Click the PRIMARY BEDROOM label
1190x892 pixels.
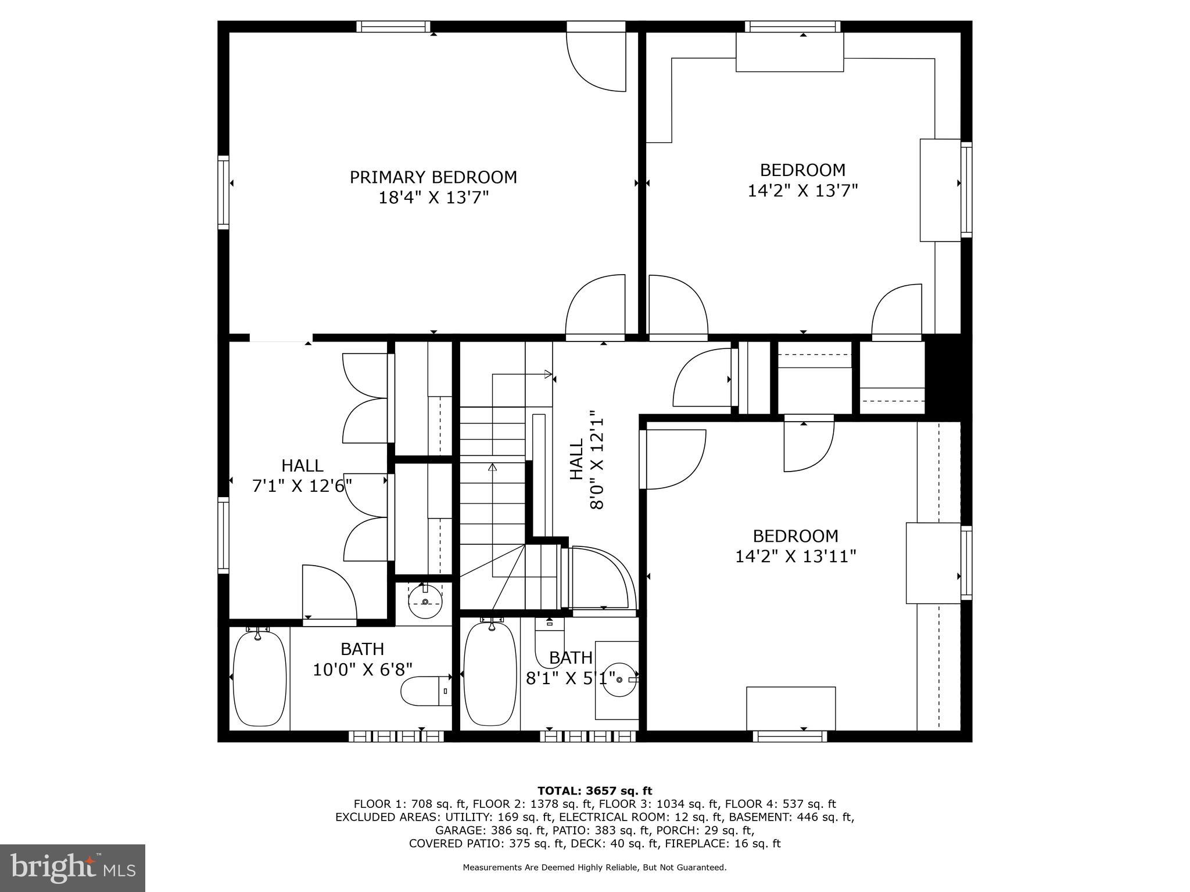(433, 177)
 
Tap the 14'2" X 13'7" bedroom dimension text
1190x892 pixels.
(802, 190)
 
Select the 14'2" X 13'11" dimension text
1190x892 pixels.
(795, 556)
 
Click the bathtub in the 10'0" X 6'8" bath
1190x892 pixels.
(259, 677)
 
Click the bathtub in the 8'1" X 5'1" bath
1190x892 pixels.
(490, 674)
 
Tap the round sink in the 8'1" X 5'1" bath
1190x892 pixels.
(619, 679)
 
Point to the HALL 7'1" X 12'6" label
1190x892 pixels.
(302, 475)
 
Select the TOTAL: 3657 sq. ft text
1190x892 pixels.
(594, 791)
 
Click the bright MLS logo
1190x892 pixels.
(73, 868)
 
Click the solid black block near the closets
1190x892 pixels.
(947, 377)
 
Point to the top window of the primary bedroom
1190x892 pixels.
(393, 26)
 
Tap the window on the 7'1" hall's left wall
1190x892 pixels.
(223, 535)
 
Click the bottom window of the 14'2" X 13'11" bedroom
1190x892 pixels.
(790, 736)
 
